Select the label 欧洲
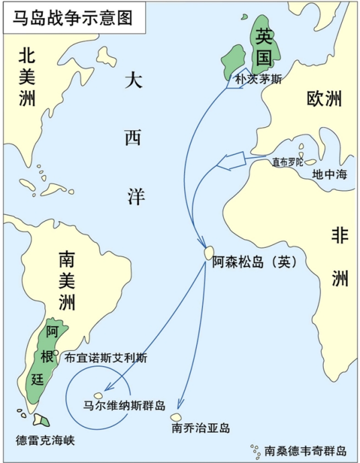tap(324, 100)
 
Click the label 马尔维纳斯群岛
tap(124, 406)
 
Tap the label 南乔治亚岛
tap(201, 427)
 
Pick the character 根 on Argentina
tap(54, 357)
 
